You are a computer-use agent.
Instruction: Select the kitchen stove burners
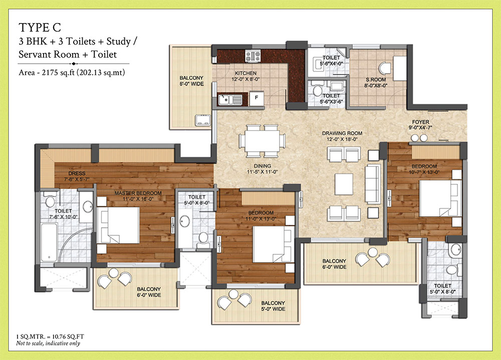click(251, 56)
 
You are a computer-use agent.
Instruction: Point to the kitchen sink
click(230, 100)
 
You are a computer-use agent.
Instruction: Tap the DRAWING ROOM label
click(342, 134)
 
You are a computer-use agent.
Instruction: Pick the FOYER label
click(421, 122)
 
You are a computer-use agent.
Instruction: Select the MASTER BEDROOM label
click(138, 193)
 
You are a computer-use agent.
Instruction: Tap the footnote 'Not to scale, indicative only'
click(48, 343)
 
